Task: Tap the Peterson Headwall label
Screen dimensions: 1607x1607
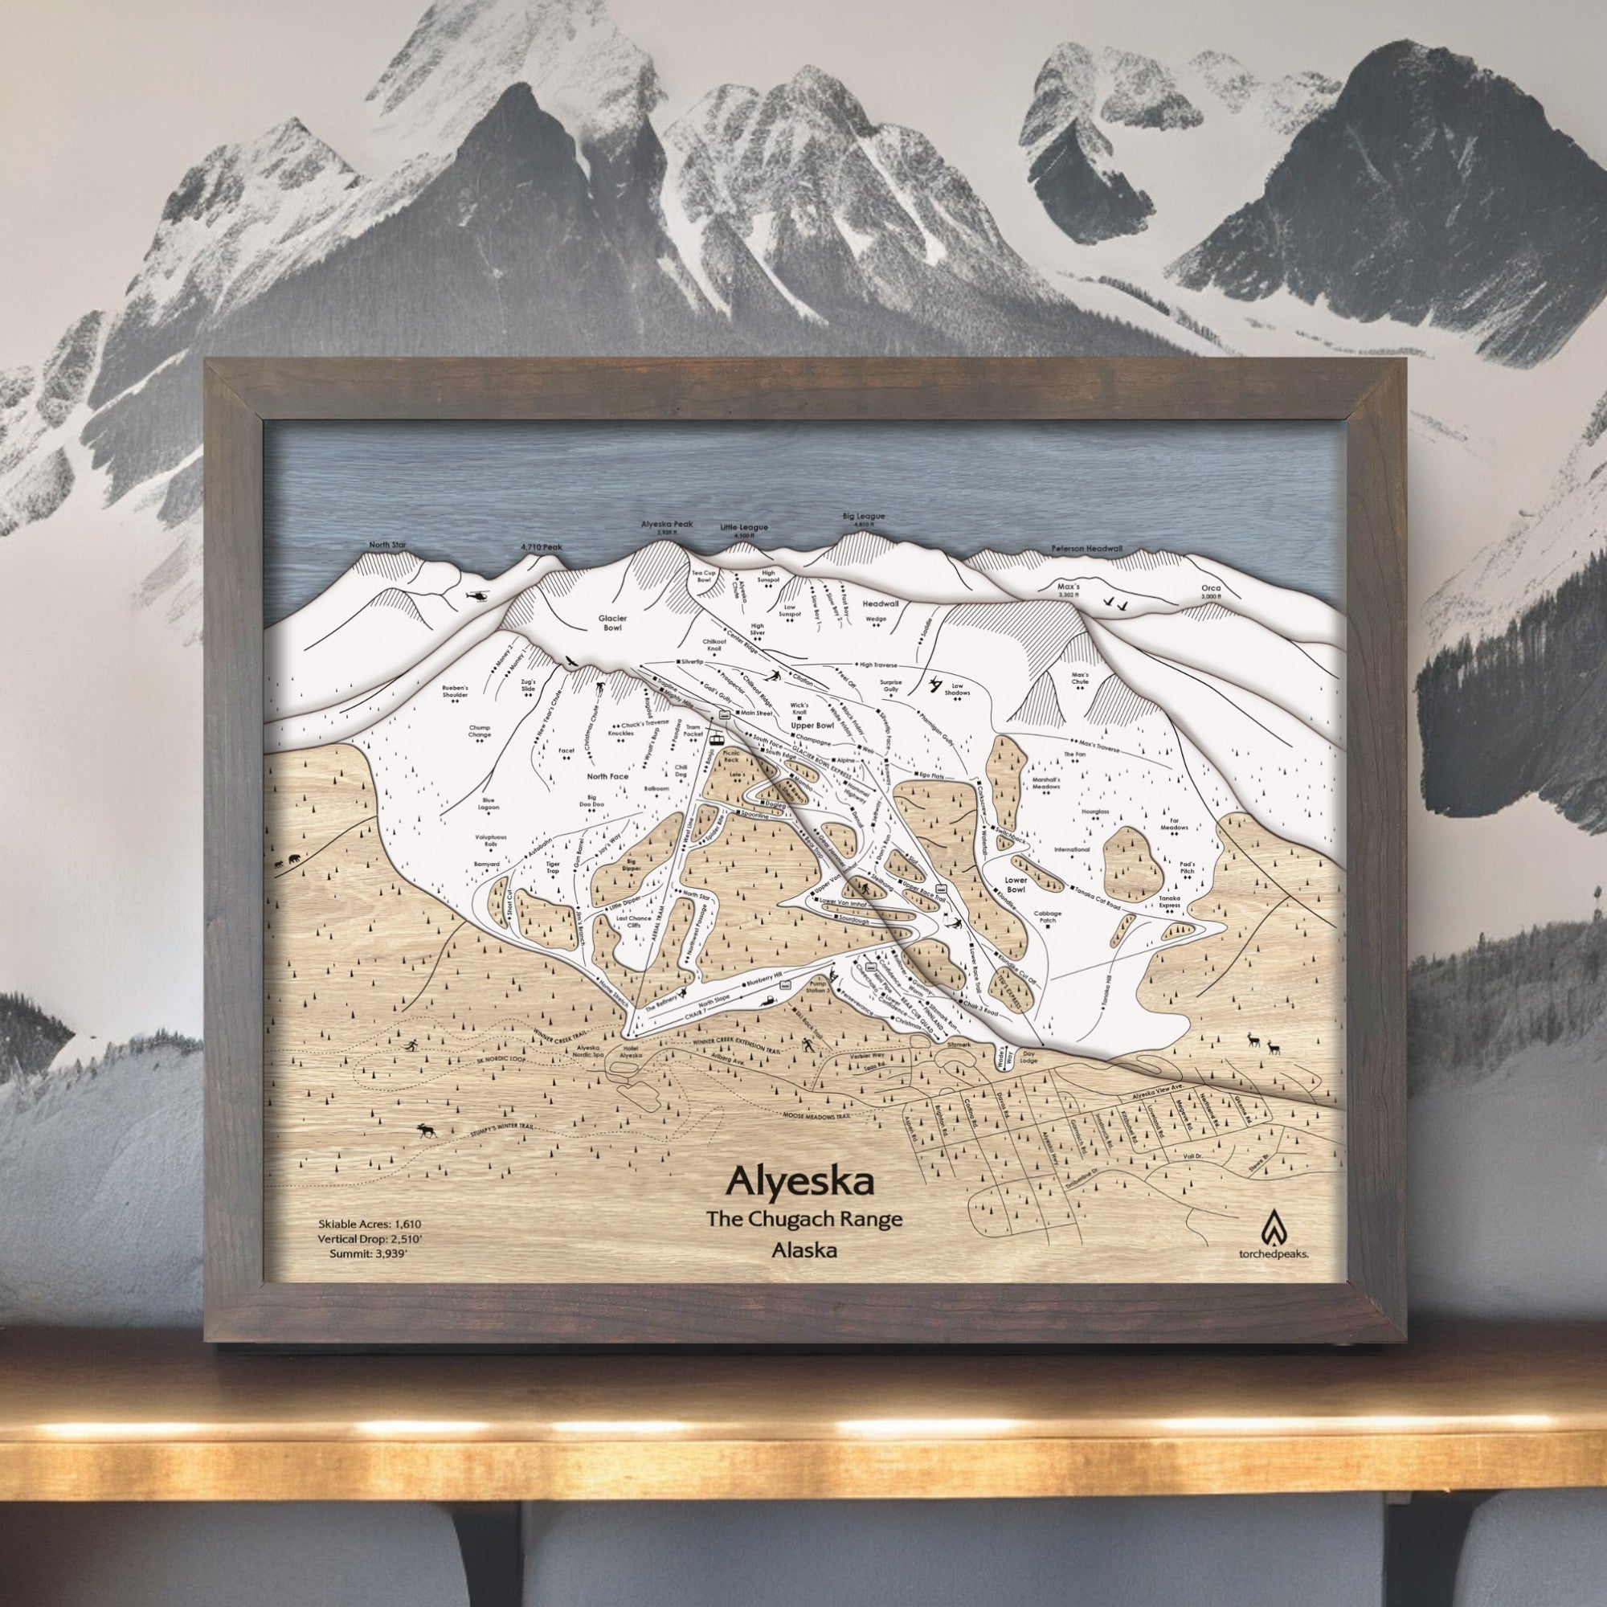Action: coord(1086,550)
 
